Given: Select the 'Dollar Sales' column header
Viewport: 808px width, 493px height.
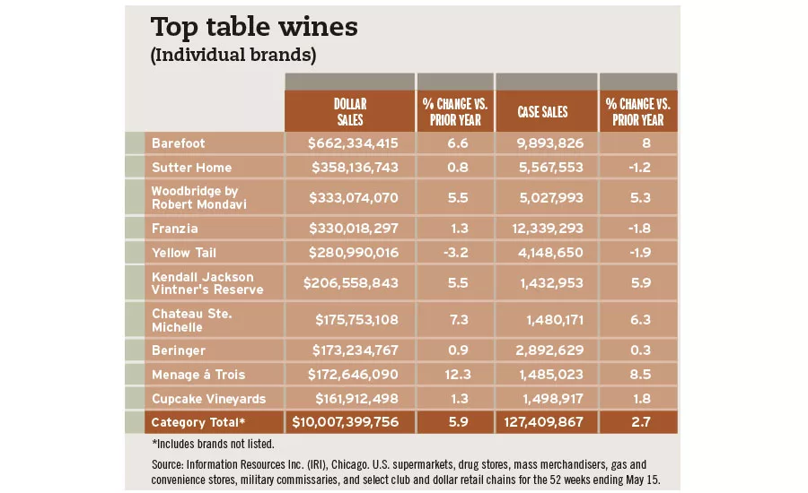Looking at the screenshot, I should click(349, 112).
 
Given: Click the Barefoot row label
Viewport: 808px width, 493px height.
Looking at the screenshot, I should click(179, 143).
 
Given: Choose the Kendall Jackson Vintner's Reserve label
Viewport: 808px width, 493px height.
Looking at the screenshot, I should click(207, 282).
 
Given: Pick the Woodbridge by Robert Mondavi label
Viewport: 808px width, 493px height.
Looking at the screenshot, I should click(199, 197).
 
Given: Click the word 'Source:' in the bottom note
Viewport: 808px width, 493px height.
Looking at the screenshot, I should click(170, 464).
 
